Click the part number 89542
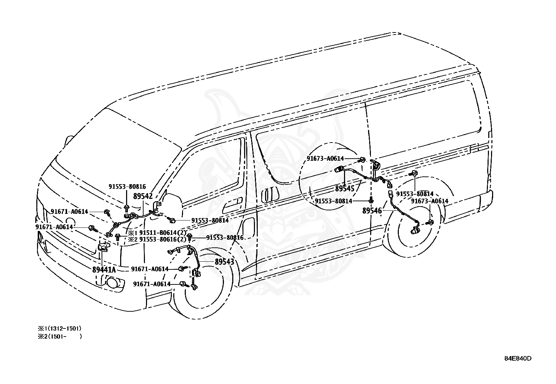(x=143, y=196)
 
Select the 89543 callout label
(x=224, y=261)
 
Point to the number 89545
(x=345, y=189)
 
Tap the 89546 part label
(x=372, y=211)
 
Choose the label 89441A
(x=104, y=269)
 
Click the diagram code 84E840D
(x=518, y=358)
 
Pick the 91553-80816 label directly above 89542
(x=127, y=187)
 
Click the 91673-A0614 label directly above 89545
(x=325, y=158)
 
